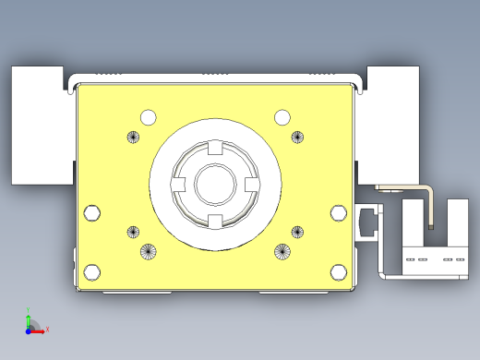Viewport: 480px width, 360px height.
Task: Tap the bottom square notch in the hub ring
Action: pos(214,220)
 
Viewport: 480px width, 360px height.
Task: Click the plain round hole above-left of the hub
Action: pos(148,117)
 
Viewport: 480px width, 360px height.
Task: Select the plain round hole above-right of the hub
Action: pos(282,116)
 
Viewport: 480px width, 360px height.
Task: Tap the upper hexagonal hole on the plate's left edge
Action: pos(91,213)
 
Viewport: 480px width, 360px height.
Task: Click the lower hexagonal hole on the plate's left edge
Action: pos(91,271)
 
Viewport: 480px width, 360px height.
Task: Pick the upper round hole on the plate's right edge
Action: pos(338,214)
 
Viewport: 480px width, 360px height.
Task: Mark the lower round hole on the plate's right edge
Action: pos(338,271)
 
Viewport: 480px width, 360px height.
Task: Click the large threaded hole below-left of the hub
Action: pos(148,250)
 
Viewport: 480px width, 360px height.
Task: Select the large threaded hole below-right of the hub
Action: pos(282,250)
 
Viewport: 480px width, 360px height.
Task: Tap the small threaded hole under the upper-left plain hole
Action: pos(132,138)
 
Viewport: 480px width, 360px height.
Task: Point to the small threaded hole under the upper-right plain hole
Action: pos(297,138)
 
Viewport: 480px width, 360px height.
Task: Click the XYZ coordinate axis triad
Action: pos(31,324)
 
